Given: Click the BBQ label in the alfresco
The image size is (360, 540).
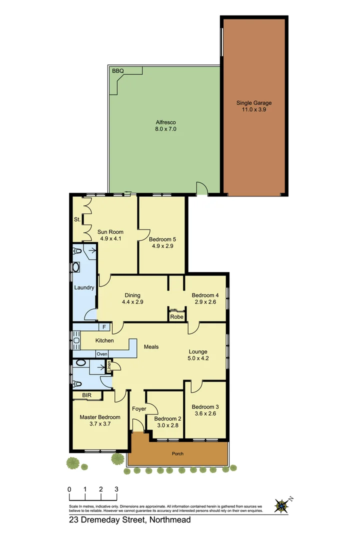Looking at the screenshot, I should (x=118, y=71).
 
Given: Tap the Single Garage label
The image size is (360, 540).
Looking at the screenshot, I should (x=254, y=103).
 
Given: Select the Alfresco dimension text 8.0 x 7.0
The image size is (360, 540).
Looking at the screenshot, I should (x=165, y=129).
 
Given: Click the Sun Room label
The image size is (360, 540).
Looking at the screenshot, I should (x=111, y=232).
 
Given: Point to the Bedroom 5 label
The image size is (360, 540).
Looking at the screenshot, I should (x=162, y=239).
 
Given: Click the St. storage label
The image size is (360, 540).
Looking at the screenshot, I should (x=77, y=219).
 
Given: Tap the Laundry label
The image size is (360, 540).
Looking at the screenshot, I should (x=84, y=287).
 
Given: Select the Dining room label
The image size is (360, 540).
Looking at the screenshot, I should (x=132, y=295).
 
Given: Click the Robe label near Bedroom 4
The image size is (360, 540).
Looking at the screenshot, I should (x=176, y=317).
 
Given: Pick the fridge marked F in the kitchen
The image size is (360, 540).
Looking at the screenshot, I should (x=104, y=327).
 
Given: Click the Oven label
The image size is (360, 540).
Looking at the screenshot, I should (x=102, y=354).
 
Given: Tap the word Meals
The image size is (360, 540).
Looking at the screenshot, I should (x=151, y=346).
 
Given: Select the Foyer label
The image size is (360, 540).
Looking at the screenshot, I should (x=139, y=409).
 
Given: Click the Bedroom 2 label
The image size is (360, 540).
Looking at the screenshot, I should (x=167, y=418).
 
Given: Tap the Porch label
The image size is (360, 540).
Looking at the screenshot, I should (x=177, y=454).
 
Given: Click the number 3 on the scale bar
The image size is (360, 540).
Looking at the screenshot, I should (x=116, y=489).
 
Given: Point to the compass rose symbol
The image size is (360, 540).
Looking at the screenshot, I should (x=282, y=506).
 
